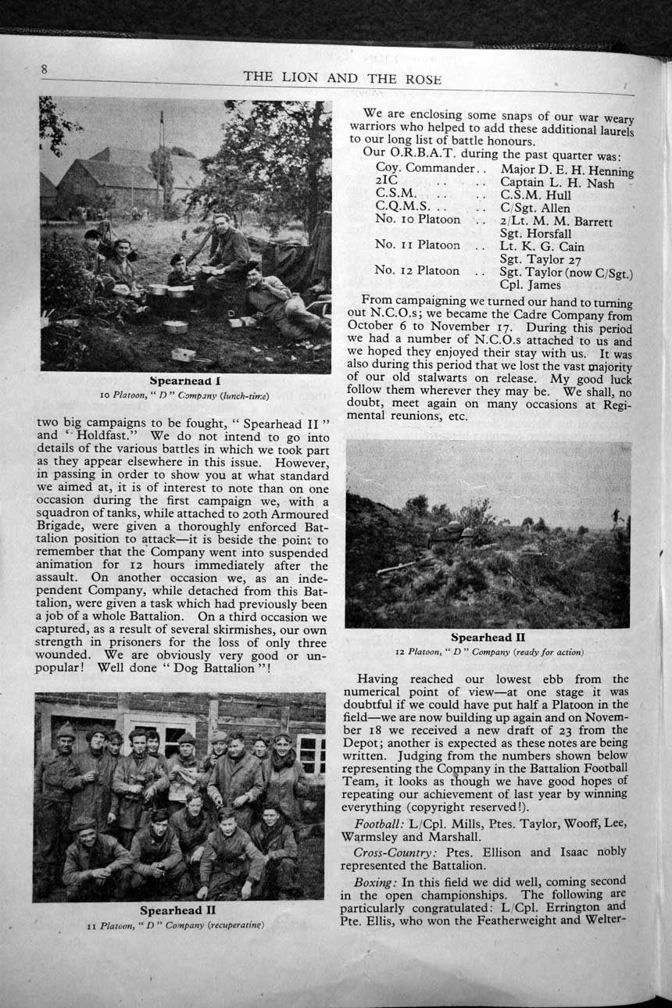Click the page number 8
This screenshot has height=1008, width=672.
click(45, 69)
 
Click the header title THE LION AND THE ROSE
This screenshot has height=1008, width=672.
click(342, 78)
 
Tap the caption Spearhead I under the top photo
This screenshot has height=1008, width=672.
click(185, 381)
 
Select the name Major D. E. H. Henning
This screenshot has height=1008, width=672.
click(567, 170)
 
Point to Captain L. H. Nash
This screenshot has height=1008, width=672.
click(557, 184)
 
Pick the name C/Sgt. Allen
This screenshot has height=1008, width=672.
click(535, 209)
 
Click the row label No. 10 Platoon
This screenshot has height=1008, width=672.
click(417, 220)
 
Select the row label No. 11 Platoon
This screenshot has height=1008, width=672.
click(417, 245)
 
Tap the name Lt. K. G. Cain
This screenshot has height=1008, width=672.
click(542, 247)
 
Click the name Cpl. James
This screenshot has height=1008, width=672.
click(530, 285)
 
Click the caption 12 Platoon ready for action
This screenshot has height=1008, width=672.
click(488, 652)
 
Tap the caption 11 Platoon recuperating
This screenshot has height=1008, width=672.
click(176, 925)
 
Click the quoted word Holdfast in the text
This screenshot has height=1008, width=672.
click(94, 435)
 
